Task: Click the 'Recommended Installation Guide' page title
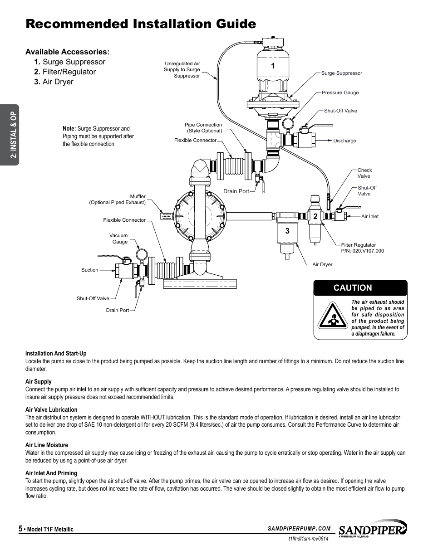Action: click(x=141, y=24)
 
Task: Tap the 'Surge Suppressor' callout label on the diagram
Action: click(x=341, y=73)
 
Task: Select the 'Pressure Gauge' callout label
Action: click(x=340, y=93)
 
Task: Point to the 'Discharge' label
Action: click(x=344, y=141)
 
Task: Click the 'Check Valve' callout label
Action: click(x=364, y=173)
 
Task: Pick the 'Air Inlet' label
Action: click(x=369, y=216)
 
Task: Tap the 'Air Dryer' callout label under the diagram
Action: click(x=322, y=264)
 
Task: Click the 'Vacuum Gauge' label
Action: click(x=118, y=239)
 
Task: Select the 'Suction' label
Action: click(x=89, y=270)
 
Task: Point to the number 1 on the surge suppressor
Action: click(x=273, y=66)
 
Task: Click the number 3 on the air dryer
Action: click(x=287, y=231)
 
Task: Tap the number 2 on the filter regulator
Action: click(x=315, y=217)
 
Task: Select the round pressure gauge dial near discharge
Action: click(x=288, y=123)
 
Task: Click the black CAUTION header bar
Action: click(x=360, y=287)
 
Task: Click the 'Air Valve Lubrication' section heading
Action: click(x=51, y=409)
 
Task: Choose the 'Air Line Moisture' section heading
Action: click(x=47, y=445)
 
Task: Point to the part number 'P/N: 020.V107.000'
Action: click(x=362, y=251)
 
